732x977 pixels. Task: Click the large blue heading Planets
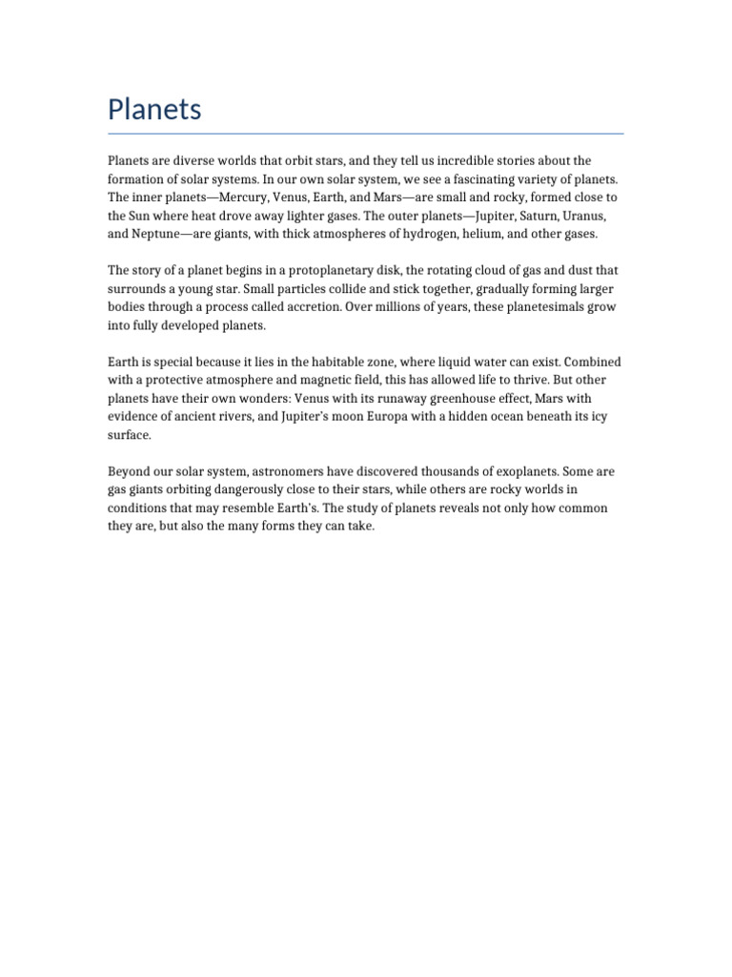[x=154, y=110]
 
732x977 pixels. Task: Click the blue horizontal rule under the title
[x=365, y=134]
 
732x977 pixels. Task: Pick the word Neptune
[x=153, y=234]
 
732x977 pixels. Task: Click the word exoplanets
[x=521, y=471]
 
